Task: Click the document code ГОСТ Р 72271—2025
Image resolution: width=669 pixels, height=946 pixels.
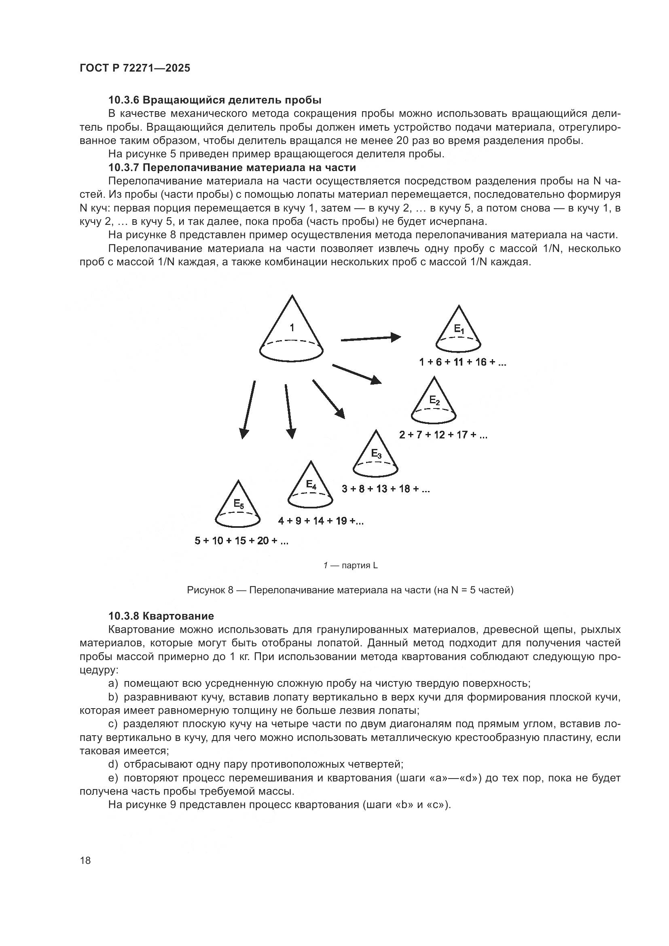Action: pos(135,68)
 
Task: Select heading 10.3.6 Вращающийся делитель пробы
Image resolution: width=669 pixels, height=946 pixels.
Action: pos(215,100)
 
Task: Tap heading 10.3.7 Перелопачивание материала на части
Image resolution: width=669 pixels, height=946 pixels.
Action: pos(232,168)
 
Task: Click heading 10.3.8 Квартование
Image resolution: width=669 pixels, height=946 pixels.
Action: pos(161,616)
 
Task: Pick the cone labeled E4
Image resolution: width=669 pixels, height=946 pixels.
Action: pos(310,488)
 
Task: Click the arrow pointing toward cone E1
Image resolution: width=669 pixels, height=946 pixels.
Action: pos(370,338)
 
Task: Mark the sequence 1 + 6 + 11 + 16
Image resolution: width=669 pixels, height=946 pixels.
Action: pos(462,362)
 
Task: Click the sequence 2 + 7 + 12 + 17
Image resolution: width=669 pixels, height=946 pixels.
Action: pos(443,435)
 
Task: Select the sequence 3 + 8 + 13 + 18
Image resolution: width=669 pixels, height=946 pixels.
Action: pos(385,489)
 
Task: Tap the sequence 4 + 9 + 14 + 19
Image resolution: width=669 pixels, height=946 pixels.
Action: pos(320,521)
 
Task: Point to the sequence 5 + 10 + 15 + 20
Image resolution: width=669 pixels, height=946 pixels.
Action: pos(241,541)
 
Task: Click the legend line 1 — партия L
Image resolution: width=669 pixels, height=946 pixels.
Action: pos(350,566)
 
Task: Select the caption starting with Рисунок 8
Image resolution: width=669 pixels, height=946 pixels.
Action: pos(350,590)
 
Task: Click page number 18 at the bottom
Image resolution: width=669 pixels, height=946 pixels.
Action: pos(85,860)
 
